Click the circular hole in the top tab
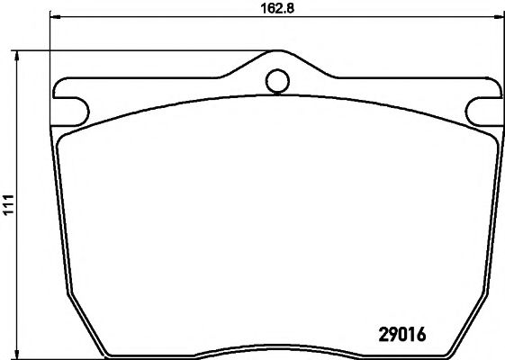click(277, 82)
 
